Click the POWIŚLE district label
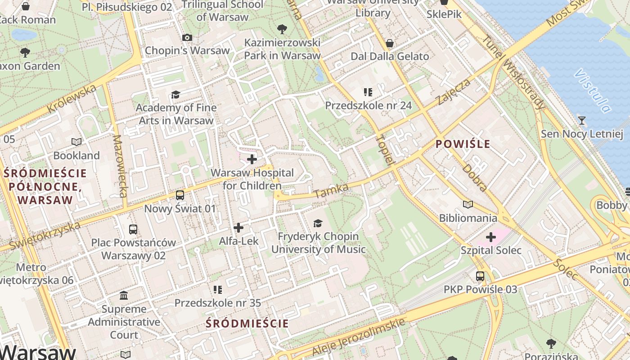(x=463, y=144)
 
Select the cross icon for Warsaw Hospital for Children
(x=252, y=159)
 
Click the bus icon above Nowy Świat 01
(x=180, y=195)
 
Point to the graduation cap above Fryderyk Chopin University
(x=318, y=223)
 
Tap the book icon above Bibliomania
(x=468, y=205)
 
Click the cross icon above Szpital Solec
(x=491, y=237)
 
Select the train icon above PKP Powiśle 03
(x=480, y=276)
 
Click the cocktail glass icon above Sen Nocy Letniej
(x=582, y=120)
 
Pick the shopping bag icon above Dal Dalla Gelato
(x=390, y=43)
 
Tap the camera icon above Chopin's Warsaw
(x=187, y=37)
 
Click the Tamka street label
(x=331, y=191)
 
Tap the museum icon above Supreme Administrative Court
(x=124, y=296)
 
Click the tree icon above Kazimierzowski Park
(x=282, y=29)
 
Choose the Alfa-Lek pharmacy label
(x=238, y=241)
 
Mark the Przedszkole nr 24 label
(x=369, y=105)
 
